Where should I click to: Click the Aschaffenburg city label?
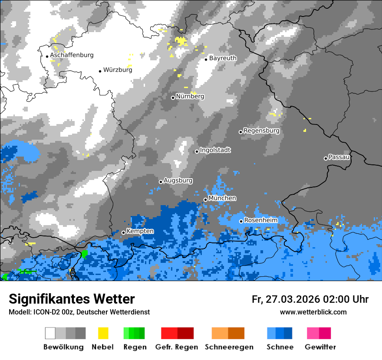coord(72,55)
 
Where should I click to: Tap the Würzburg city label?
coord(118,70)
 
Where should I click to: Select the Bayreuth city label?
coord(223,58)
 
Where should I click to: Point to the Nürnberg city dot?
coord(173,98)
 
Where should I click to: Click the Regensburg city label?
coord(261,131)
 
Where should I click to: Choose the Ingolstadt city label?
coord(215,150)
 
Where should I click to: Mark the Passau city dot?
coord(326,158)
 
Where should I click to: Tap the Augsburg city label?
coord(178,180)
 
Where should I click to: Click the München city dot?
coord(205,200)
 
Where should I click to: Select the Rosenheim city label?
coord(260,220)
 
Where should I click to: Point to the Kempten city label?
coord(140,231)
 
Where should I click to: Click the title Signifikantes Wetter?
coord(72,299)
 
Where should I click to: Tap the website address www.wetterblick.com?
coord(313,312)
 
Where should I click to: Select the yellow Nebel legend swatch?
coord(103,333)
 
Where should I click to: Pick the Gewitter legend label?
coord(320,347)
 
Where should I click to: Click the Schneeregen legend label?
coord(229,347)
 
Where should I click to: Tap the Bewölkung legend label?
coord(63,347)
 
